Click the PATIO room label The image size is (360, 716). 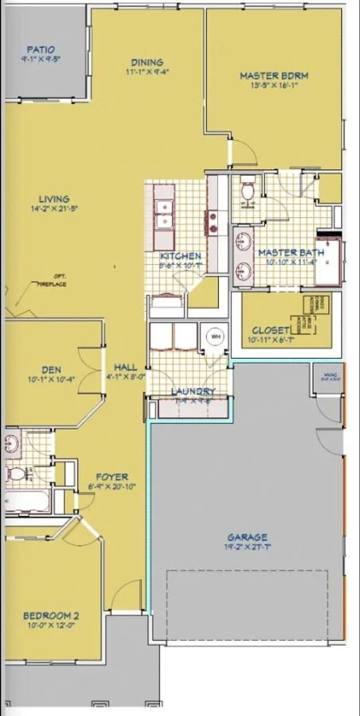pyautogui.click(x=40, y=50)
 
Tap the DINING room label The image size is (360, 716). pyautogui.click(x=147, y=62)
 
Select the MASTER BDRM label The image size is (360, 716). pyautogui.click(x=274, y=76)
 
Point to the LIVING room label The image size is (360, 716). pyautogui.click(x=54, y=199)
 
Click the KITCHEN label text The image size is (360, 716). pyautogui.click(x=181, y=256)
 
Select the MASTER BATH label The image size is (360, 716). pyautogui.click(x=291, y=253)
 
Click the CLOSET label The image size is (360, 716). pyautogui.click(x=271, y=331)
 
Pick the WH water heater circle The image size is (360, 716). pyautogui.click(x=215, y=337)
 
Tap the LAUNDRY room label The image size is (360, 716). pyautogui.click(x=193, y=391)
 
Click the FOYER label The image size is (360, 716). pyautogui.click(x=111, y=477)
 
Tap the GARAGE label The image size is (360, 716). pyautogui.click(x=247, y=537)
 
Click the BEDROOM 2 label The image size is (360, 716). pyautogui.click(x=51, y=615)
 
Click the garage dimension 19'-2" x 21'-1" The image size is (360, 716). pyautogui.click(x=247, y=547)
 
